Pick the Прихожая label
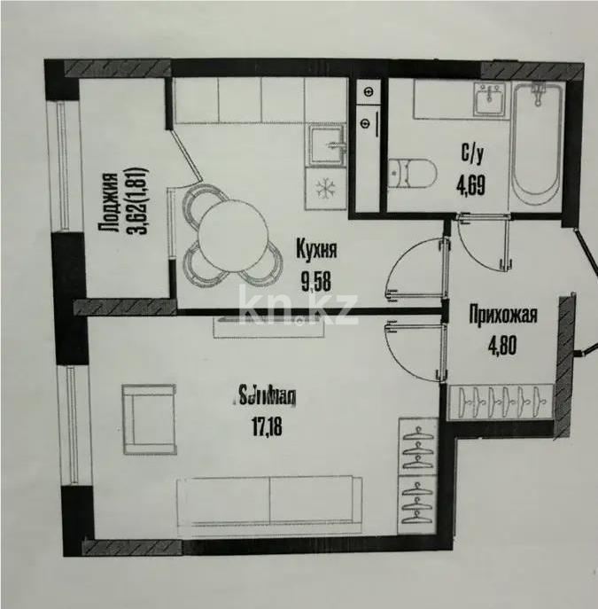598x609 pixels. tap(504, 312)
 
